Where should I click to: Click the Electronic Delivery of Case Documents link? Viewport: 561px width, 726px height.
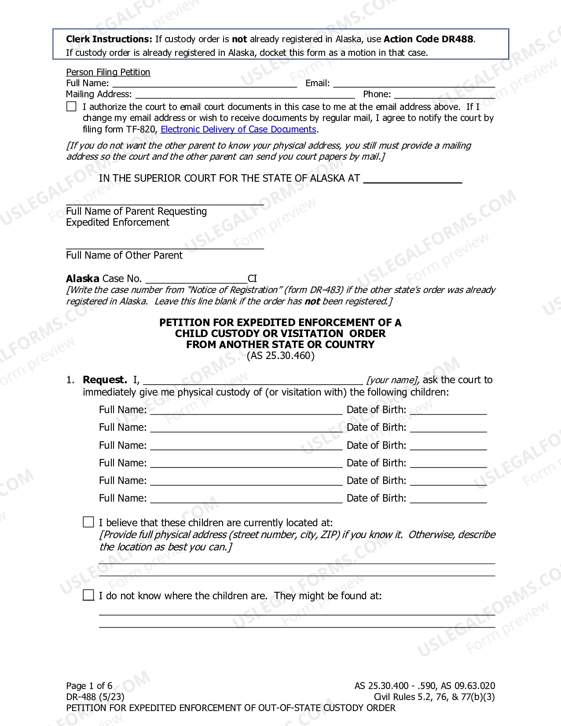[x=238, y=129]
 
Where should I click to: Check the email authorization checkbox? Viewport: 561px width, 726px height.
[x=71, y=106]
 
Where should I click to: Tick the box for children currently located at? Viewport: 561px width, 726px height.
[x=88, y=522]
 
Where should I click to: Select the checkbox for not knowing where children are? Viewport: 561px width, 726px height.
[x=88, y=595]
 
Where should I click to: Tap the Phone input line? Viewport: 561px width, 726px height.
[x=444, y=94]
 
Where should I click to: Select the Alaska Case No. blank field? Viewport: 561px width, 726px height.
[x=196, y=279]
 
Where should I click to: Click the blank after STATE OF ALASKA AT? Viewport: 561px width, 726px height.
[x=413, y=179]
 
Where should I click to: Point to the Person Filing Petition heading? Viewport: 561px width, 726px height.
[x=108, y=72]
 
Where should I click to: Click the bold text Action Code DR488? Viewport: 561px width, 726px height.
[x=428, y=39]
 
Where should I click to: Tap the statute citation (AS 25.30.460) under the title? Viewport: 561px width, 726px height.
[x=281, y=356]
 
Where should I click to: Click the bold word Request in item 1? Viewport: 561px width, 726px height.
[x=105, y=380]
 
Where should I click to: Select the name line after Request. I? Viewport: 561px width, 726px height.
[x=253, y=380]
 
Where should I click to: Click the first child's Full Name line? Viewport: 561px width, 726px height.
[x=246, y=410]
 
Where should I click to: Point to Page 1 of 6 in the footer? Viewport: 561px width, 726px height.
[x=89, y=686]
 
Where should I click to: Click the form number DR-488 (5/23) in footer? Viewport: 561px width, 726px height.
[x=95, y=697]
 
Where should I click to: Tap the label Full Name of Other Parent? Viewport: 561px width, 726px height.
[x=124, y=255]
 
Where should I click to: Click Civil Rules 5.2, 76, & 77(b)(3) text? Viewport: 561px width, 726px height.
[x=434, y=697]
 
